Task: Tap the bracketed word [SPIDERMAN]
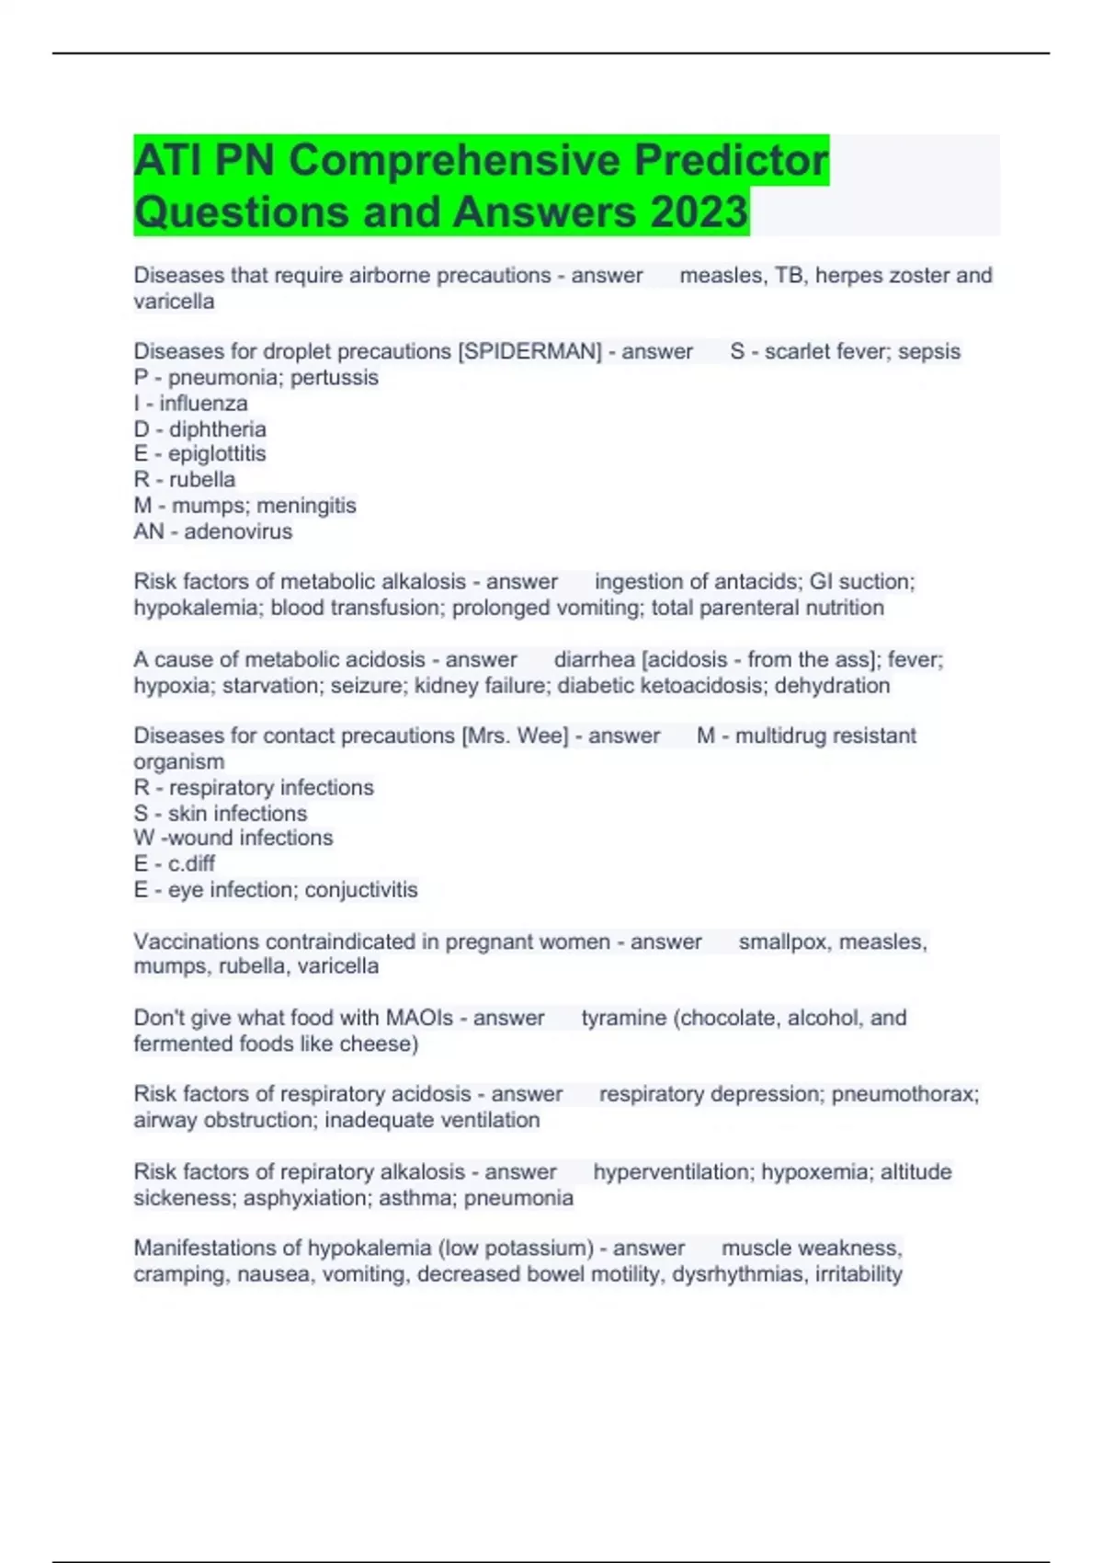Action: (x=529, y=351)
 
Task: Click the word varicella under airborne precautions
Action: (x=174, y=302)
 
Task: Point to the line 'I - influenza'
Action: (x=190, y=404)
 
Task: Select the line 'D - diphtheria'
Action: (x=199, y=429)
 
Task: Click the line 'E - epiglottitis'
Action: (x=199, y=454)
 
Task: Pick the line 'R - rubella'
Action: (x=184, y=480)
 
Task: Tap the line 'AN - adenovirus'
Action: (x=212, y=531)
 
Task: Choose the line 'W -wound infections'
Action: (x=233, y=838)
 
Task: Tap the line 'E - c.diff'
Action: (x=174, y=863)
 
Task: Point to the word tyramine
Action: (x=623, y=1018)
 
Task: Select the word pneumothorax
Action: (x=904, y=1094)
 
